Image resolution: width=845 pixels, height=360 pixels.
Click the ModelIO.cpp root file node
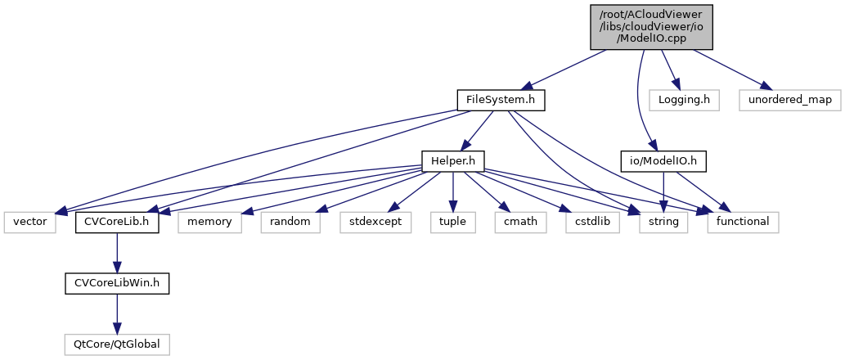pos(645,26)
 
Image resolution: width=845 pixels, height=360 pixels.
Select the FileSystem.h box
pos(501,100)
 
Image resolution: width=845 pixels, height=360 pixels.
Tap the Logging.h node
pos(684,100)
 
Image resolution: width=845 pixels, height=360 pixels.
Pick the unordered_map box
pos(789,100)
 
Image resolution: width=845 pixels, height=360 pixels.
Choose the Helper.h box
pos(452,161)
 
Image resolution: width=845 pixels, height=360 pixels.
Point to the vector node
pos(29,222)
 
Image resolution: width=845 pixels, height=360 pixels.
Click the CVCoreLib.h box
pos(117,222)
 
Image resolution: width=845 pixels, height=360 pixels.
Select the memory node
pos(210,222)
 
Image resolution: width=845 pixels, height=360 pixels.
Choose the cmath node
pos(518,222)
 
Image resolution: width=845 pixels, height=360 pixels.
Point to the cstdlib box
pos(588,222)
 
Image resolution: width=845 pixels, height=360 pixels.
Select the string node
pos(663,222)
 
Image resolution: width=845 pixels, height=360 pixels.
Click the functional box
pos(743,222)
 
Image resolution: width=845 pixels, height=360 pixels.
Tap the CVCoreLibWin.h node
pos(117,283)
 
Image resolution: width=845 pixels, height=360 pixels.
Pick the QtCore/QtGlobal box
pos(117,344)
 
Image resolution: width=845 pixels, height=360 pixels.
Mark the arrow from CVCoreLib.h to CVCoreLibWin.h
pos(117,252)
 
